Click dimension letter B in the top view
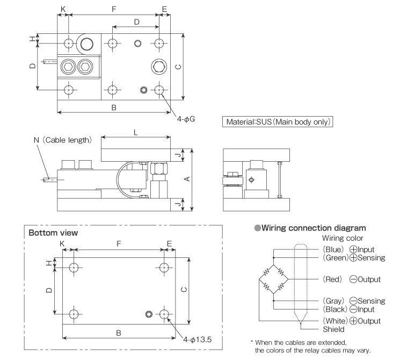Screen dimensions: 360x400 tap(114, 107)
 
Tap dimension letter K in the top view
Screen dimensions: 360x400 tap(63, 9)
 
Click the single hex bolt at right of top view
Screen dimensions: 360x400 tap(159, 66)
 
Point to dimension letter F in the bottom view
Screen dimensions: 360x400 tap(119, 243)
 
